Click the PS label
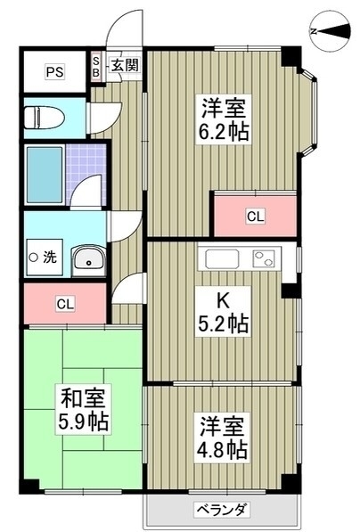(x=55, y=71)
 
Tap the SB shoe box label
(x=96, y=67)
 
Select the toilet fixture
(x=45, y=118)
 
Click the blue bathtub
(x=45, y=175)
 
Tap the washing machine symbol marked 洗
(x=45, y=258)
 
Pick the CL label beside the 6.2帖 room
(x=255, y=217)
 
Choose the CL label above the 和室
(x=65, y=304)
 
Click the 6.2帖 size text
(x=224, y=132)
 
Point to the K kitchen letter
(x=223, y=300)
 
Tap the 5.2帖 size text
(x=223, y=323)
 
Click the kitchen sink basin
(x=222, y=259)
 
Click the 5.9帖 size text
(x=84, y=422)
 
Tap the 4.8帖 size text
(x=222, y=449)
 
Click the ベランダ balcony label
(x=222, y=510)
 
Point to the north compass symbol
(x=330, y=31)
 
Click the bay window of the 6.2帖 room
(x=309, y=112)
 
